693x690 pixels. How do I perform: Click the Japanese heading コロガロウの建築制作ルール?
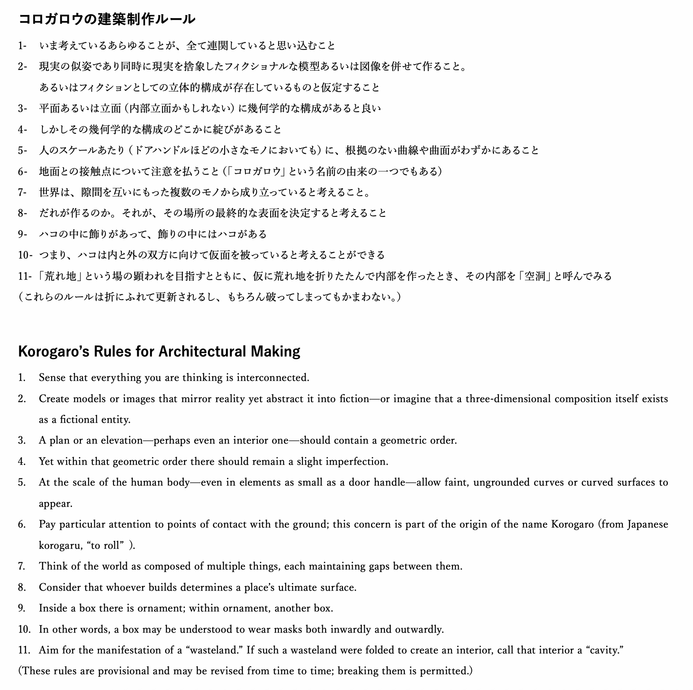point(106,19)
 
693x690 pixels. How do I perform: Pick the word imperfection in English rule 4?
point(357,462)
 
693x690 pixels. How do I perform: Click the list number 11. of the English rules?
point(24,650)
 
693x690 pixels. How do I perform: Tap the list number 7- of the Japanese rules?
point(23,192)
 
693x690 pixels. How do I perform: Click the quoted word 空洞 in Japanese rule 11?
point(535,276)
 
